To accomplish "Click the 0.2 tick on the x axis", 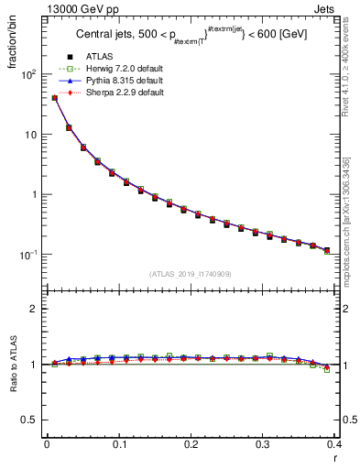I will [x=191, y=446].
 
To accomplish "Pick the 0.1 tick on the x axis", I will [x=119, y=446].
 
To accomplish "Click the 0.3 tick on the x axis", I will [x=264, y=446].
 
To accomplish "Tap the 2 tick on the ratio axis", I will [x=36, y=309].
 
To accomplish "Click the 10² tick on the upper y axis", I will [x=30, y=74].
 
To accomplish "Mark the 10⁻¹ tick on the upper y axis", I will [x=30, y=255].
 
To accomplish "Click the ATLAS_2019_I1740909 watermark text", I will [x=191, y=274].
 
